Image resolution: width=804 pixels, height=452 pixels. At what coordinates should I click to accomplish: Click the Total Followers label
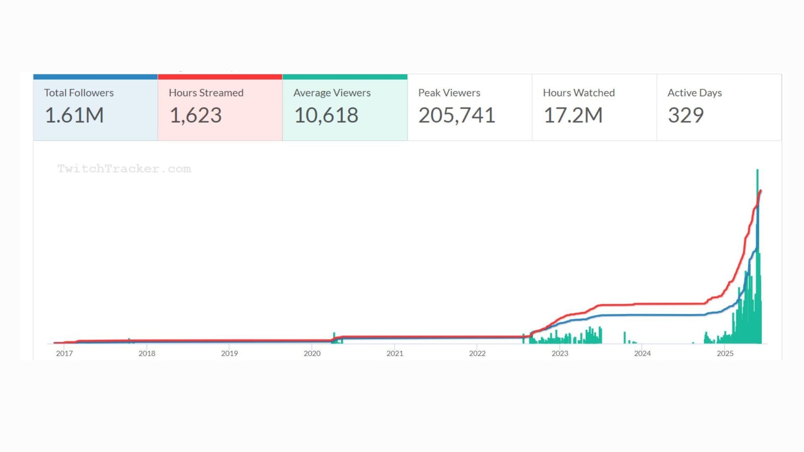tap(79, 93)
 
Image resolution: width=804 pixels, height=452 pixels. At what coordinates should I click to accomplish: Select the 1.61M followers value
tap(74, 116)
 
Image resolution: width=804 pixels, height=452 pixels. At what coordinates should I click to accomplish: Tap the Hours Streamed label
tap(206, 93)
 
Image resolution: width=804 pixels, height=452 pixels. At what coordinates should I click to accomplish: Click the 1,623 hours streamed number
tap(195, 116)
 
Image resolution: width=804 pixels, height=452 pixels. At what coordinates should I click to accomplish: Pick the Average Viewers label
tap(332, 93)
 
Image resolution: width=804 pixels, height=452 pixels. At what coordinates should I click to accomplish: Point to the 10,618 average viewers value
tap(326, 116)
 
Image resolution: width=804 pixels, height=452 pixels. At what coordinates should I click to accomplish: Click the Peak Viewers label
tap(449, 93)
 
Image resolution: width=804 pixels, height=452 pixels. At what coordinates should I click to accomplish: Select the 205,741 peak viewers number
tap(457, 116)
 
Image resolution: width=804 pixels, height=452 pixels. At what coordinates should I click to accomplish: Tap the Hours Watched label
tap(578, 93)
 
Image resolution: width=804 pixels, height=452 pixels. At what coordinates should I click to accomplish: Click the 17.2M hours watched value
tap(573, 116)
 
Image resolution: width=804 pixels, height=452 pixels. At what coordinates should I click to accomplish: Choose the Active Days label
tap(694, 93)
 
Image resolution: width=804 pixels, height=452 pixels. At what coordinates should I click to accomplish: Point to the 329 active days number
tap(685, 116)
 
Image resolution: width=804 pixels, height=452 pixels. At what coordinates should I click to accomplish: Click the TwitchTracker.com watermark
tap(124, 169)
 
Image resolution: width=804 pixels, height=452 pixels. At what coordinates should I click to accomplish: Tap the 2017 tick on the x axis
tap(64, 354)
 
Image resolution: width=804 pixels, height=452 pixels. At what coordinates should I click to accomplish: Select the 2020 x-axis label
tap(312, 354)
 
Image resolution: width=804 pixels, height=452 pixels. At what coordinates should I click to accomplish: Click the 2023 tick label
tap(560, 354)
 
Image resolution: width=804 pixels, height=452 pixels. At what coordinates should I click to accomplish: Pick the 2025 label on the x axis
tap(725, 354)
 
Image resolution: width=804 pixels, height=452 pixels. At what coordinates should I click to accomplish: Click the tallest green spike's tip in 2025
tap(757, 171)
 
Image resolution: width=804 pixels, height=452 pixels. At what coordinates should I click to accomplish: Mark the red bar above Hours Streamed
tap(220, 77)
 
